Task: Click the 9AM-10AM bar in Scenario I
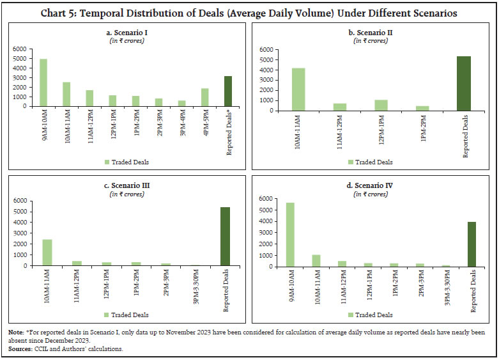point(43,82)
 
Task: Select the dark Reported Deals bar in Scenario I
point(227,91)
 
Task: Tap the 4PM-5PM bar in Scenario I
point(204,97)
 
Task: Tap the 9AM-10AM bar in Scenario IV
point(290,234)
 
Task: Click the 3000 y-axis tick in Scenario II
point(265,80)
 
